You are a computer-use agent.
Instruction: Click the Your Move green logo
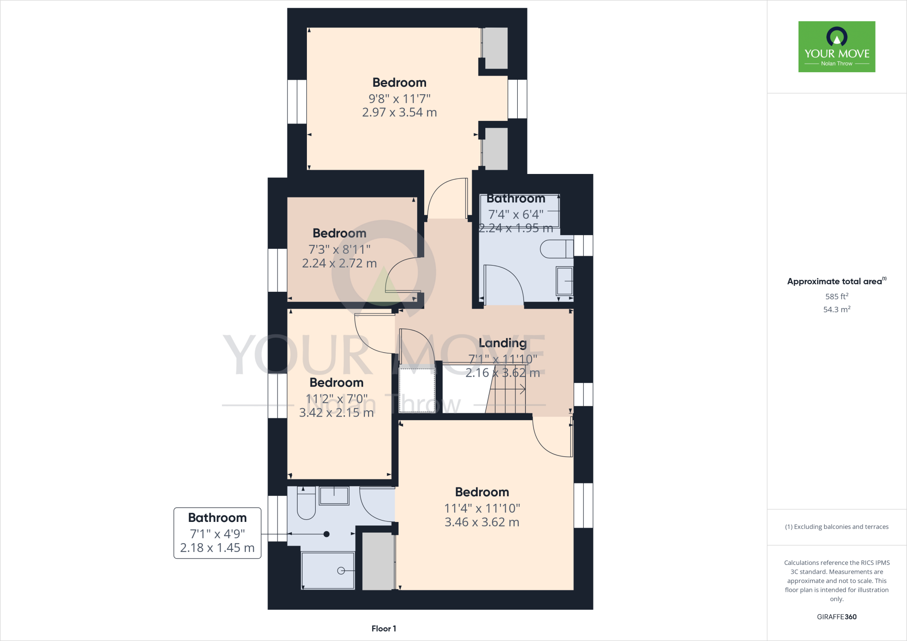pos(837,46)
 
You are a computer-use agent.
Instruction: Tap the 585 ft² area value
pos(837,297)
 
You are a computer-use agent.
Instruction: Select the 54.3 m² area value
pos(837,309)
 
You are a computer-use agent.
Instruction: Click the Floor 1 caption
pos(384,629)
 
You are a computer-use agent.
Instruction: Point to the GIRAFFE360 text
pos(837,617)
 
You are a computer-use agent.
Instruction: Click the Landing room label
pos(503,343)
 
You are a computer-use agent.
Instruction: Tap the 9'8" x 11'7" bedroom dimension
pos(399,98)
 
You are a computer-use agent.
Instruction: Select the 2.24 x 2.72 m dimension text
pos(339,263)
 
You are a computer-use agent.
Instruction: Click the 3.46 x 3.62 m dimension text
pos(482,522)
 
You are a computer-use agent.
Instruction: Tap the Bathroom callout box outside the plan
pos(217,533)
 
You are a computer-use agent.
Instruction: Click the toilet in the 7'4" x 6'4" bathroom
pos(556,249)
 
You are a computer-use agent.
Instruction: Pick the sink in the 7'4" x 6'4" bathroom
pos(565,281)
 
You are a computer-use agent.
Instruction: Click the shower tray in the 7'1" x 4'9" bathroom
pos(328,570)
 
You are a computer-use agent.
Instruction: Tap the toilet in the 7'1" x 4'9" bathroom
pos(306,505)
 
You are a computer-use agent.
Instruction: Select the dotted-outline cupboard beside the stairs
pos(417,390)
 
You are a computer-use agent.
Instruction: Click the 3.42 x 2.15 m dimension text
pos(336,413)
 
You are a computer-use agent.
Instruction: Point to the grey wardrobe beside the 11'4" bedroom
pos(378,561)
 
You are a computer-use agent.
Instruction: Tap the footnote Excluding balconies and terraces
pos(837,527)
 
